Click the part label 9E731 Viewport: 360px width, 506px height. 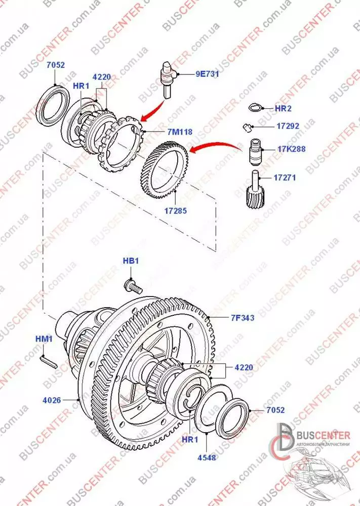[x=207, y=74]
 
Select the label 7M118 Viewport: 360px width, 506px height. [x=180, y=132]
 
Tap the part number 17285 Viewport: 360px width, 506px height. [x=176, y=211]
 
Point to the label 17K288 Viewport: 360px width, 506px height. [x=291, y=149]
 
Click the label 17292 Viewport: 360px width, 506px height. [x=288, y=126]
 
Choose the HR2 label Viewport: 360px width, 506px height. [x=283, y=108]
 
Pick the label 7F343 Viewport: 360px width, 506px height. [x=243, y=318]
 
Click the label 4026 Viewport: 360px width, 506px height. [x=52, y=400]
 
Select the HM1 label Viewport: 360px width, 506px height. [x=44, y=339]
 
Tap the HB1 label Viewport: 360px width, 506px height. [x=131, y=261]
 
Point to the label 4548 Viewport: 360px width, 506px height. [x=207, y=457]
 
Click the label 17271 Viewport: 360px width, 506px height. [x=285, y=178]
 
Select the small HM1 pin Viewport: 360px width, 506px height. [x=49, y=362]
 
